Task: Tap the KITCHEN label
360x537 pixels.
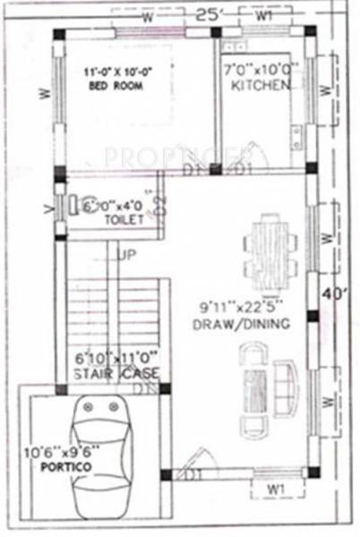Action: coord(261,85)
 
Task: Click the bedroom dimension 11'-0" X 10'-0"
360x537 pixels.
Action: coord(115,72)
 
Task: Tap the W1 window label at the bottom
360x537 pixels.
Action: coord(276,490)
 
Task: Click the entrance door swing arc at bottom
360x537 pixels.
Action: coord(193,470)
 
